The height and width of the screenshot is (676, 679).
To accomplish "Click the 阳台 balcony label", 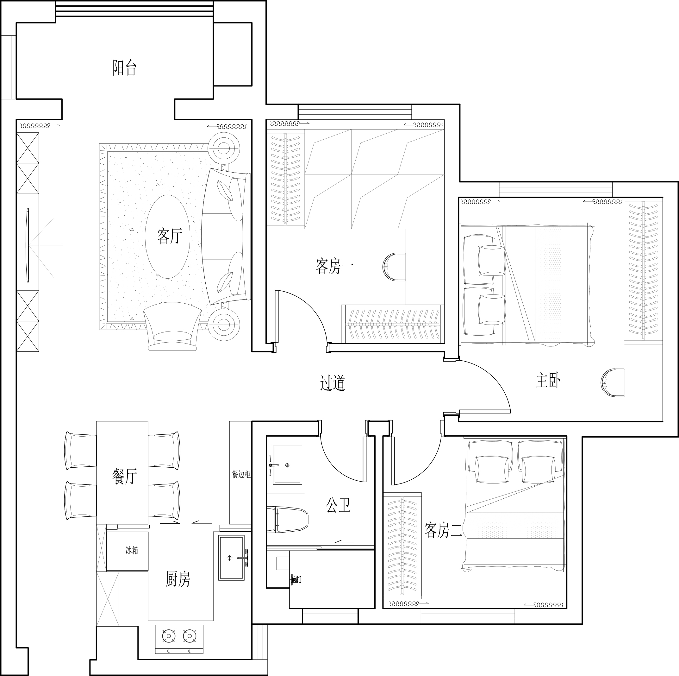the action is click(x=124, y=68).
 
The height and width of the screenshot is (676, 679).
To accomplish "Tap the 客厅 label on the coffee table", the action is click(x=170, y=236).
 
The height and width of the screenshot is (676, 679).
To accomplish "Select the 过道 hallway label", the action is click(x=333, y=383).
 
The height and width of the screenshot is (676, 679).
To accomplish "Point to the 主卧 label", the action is click(x=548, y=380).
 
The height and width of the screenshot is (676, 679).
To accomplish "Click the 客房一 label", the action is click(x=334, y=266).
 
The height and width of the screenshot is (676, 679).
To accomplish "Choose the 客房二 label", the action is click(x=444, y=530).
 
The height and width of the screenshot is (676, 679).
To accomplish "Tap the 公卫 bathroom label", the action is click(x=338, y=505).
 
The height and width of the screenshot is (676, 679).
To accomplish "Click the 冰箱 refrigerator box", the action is click(x=127, y=551).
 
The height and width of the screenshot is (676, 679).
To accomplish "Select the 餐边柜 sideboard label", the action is click(x=241, y=474).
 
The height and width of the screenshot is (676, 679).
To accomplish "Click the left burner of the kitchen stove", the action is click(x=169, y=636).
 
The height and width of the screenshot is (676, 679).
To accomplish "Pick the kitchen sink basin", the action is click(x=231, y=558).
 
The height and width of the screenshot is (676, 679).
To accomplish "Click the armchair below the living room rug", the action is click(x=172, y=327).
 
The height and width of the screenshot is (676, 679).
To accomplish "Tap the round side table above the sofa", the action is click(x=224, y=148).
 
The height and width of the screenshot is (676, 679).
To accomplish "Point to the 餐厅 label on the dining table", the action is click(x=125, y=477).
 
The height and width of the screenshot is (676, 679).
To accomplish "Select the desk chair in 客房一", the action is click(x=394, y=267).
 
